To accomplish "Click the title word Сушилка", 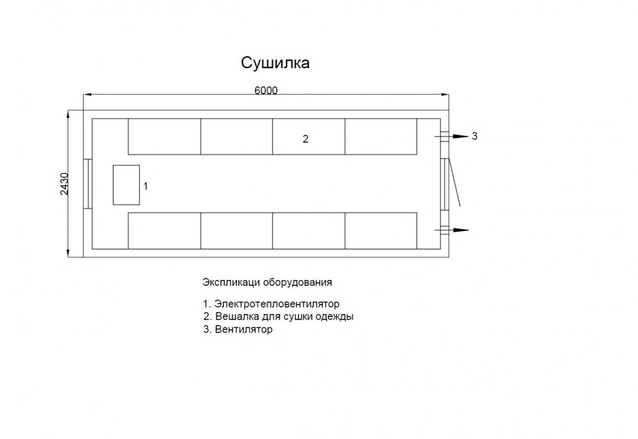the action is [275, 63].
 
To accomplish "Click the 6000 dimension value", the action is [265, 91].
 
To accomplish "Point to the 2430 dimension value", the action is [64, 184].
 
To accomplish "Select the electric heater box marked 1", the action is [126, 184].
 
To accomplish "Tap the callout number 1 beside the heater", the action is [145, 186].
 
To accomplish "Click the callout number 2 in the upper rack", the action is [306, 139].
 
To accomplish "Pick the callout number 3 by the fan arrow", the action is [475, 136].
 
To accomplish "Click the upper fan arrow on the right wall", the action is [452, 137].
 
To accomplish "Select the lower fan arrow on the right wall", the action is [452, 230].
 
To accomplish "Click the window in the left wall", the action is [87, 184].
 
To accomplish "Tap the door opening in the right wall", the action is [445, 184].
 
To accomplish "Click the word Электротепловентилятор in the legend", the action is [277, 304].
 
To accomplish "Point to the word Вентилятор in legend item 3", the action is [243, 329].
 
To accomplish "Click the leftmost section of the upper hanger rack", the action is [165, 137].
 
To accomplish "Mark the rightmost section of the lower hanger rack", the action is [381, 231].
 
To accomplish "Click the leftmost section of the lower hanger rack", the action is [165, 231].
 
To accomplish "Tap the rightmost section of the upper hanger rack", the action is [381, 137].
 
